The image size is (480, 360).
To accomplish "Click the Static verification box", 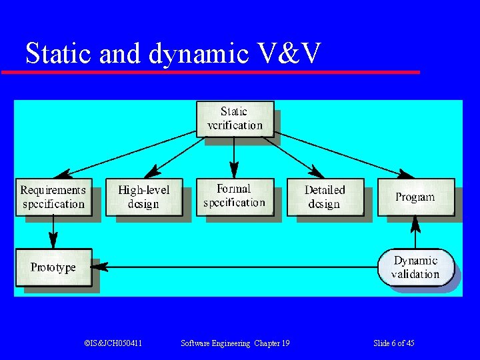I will (x=235, y=119).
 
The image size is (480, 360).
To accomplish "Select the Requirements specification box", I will (x=53, y=197).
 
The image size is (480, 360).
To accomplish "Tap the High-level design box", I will (x=143, y=197).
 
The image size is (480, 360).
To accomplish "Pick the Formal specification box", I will (x=234, y=196).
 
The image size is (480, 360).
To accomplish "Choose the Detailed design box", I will (x=325, y=197).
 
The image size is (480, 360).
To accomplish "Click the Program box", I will (x=415, y=197).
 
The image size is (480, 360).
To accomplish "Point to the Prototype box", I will (x=53, y=267).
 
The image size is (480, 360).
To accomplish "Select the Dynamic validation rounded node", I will (x=415, y=267).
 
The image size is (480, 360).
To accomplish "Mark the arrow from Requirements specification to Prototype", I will (x=53, y=233).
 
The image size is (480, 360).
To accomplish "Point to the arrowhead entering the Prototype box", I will (x=99, y=267).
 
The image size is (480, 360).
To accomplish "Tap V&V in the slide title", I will (x=289, y=53).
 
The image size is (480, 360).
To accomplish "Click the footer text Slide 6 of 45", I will (x=394, y=343).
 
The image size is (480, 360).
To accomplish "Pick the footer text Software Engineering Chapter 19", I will (x=235, y=343).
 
